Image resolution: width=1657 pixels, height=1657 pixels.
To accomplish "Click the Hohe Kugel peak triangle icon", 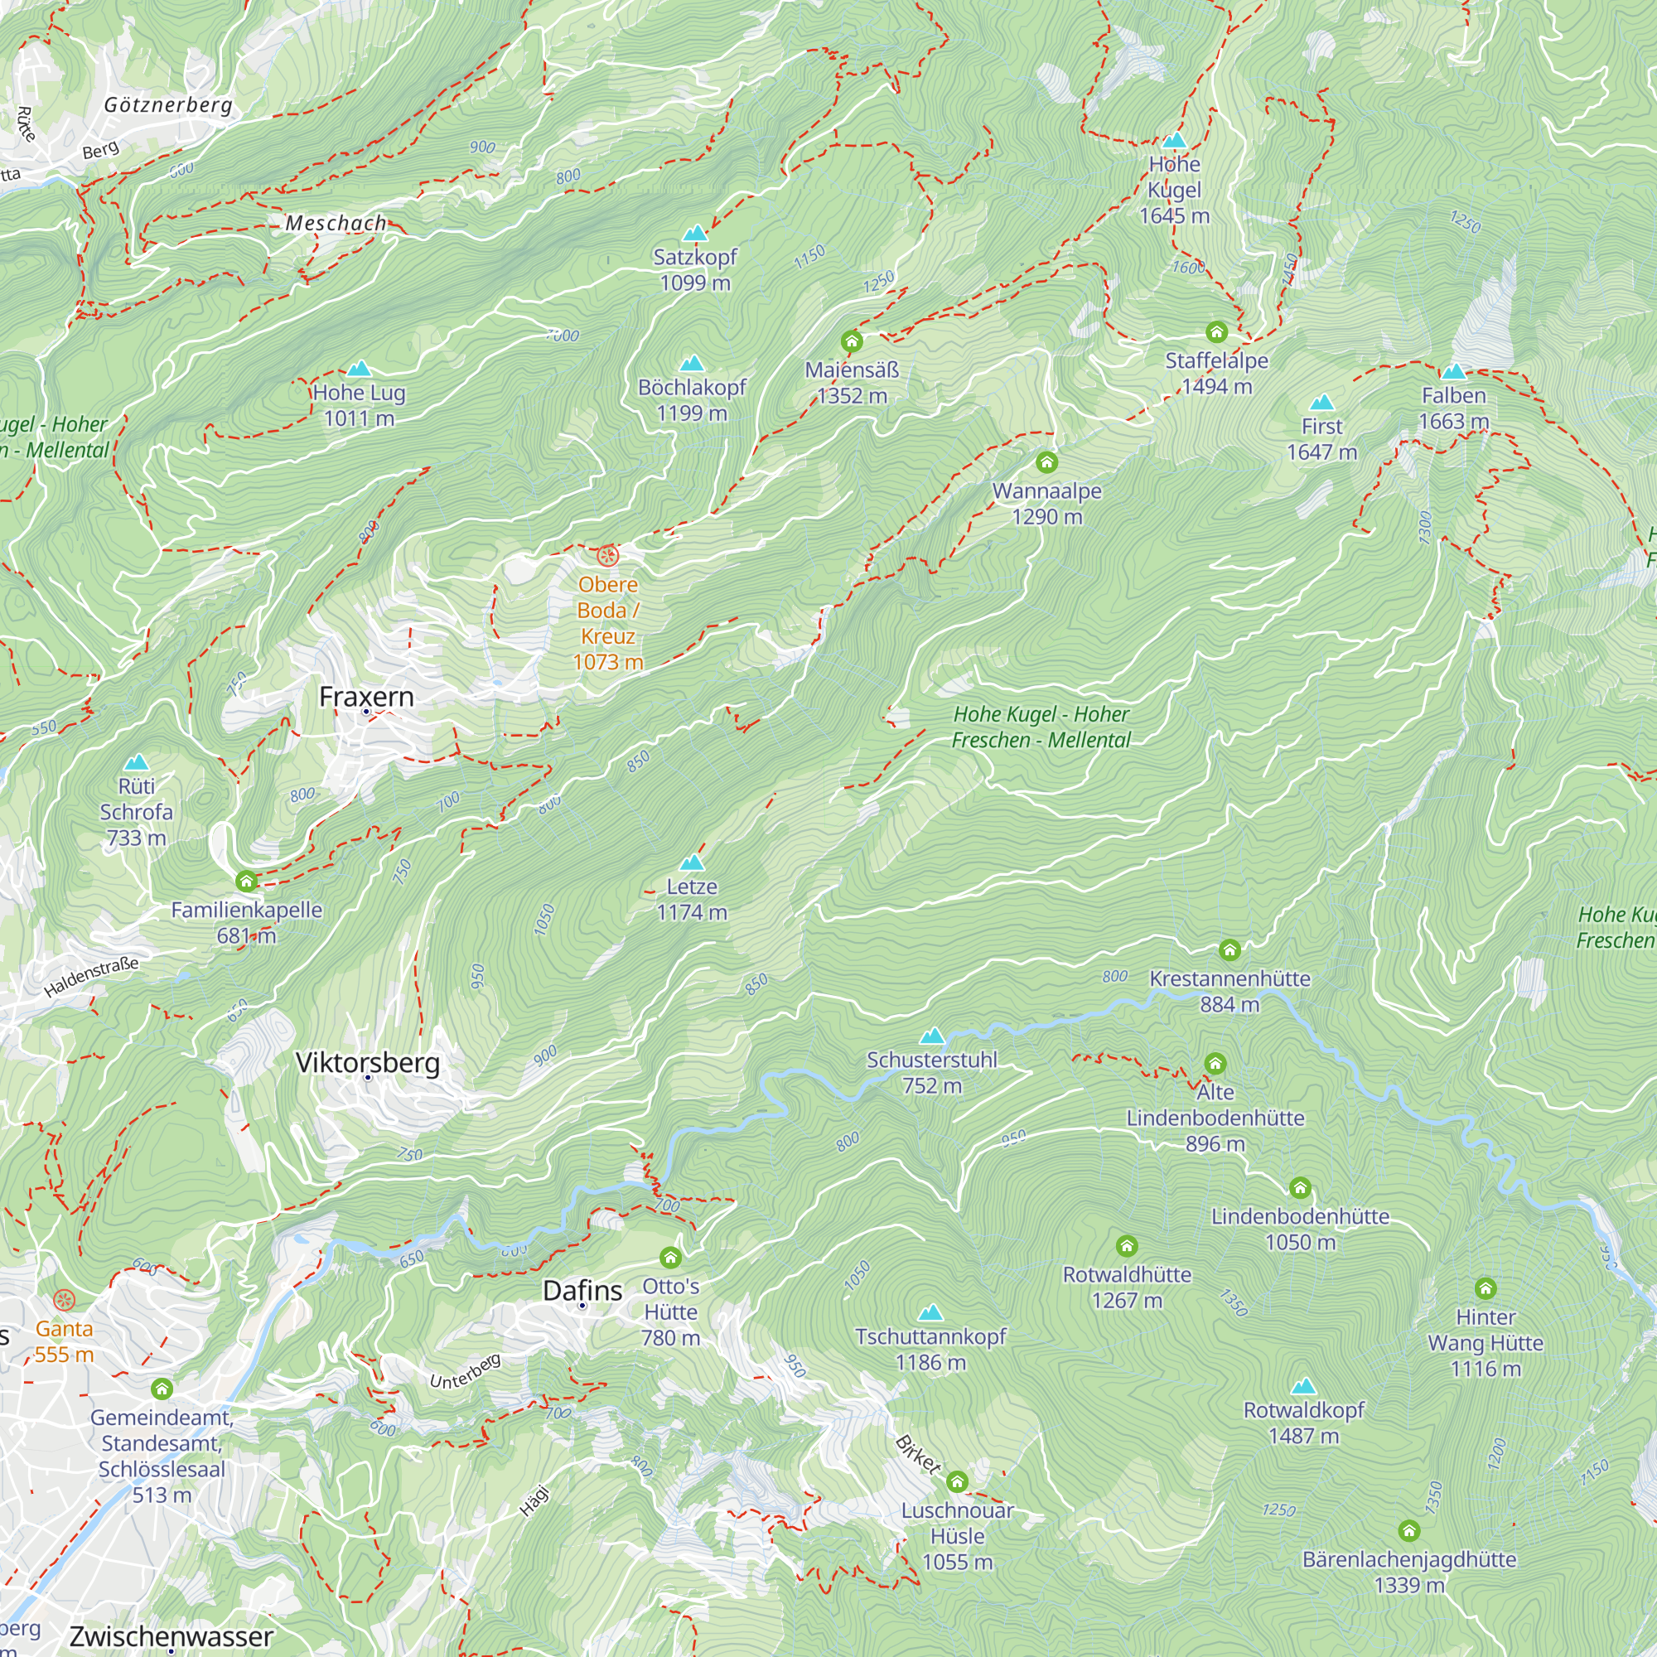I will coord(1174,141).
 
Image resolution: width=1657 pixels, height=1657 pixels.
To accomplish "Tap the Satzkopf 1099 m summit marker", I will coord(695,234).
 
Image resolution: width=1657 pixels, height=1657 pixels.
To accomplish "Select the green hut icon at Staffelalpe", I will coord(1216,332).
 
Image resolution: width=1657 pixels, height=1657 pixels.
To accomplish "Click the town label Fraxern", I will coord(366,697).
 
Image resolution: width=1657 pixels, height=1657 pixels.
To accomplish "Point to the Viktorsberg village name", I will coord(367,1062).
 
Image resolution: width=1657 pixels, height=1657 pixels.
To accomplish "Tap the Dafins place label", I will coord(582,1290).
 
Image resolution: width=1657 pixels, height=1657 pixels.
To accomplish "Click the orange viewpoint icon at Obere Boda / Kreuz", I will coord(607,556).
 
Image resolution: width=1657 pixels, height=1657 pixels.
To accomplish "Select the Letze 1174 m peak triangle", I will coord(691,862).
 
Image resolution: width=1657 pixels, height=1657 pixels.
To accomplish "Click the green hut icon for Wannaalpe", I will coord(1046,462).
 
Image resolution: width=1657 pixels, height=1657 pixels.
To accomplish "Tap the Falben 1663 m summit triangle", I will coord(1454,372).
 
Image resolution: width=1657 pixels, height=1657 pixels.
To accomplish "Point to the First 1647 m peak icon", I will coord(1321,403).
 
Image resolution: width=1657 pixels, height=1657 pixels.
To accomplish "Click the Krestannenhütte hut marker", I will coord(1229,949).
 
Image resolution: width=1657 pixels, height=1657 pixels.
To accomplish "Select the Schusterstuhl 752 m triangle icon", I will coord(931,1036).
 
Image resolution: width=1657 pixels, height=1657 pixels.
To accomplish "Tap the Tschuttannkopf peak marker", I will coord(930,1313).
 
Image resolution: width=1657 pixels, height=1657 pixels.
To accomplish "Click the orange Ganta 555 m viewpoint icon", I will coord(65,1300).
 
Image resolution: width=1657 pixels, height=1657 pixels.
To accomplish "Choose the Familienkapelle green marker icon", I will coord(246,881).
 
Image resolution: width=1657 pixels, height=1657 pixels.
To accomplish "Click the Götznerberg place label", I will coord(168,104).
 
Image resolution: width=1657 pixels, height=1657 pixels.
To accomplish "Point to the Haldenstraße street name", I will coord(91,977).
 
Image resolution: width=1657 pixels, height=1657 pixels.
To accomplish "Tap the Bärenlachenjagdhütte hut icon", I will coord(1408,1531).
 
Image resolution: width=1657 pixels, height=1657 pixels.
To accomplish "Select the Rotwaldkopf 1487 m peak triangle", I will coord(1303,1387).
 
